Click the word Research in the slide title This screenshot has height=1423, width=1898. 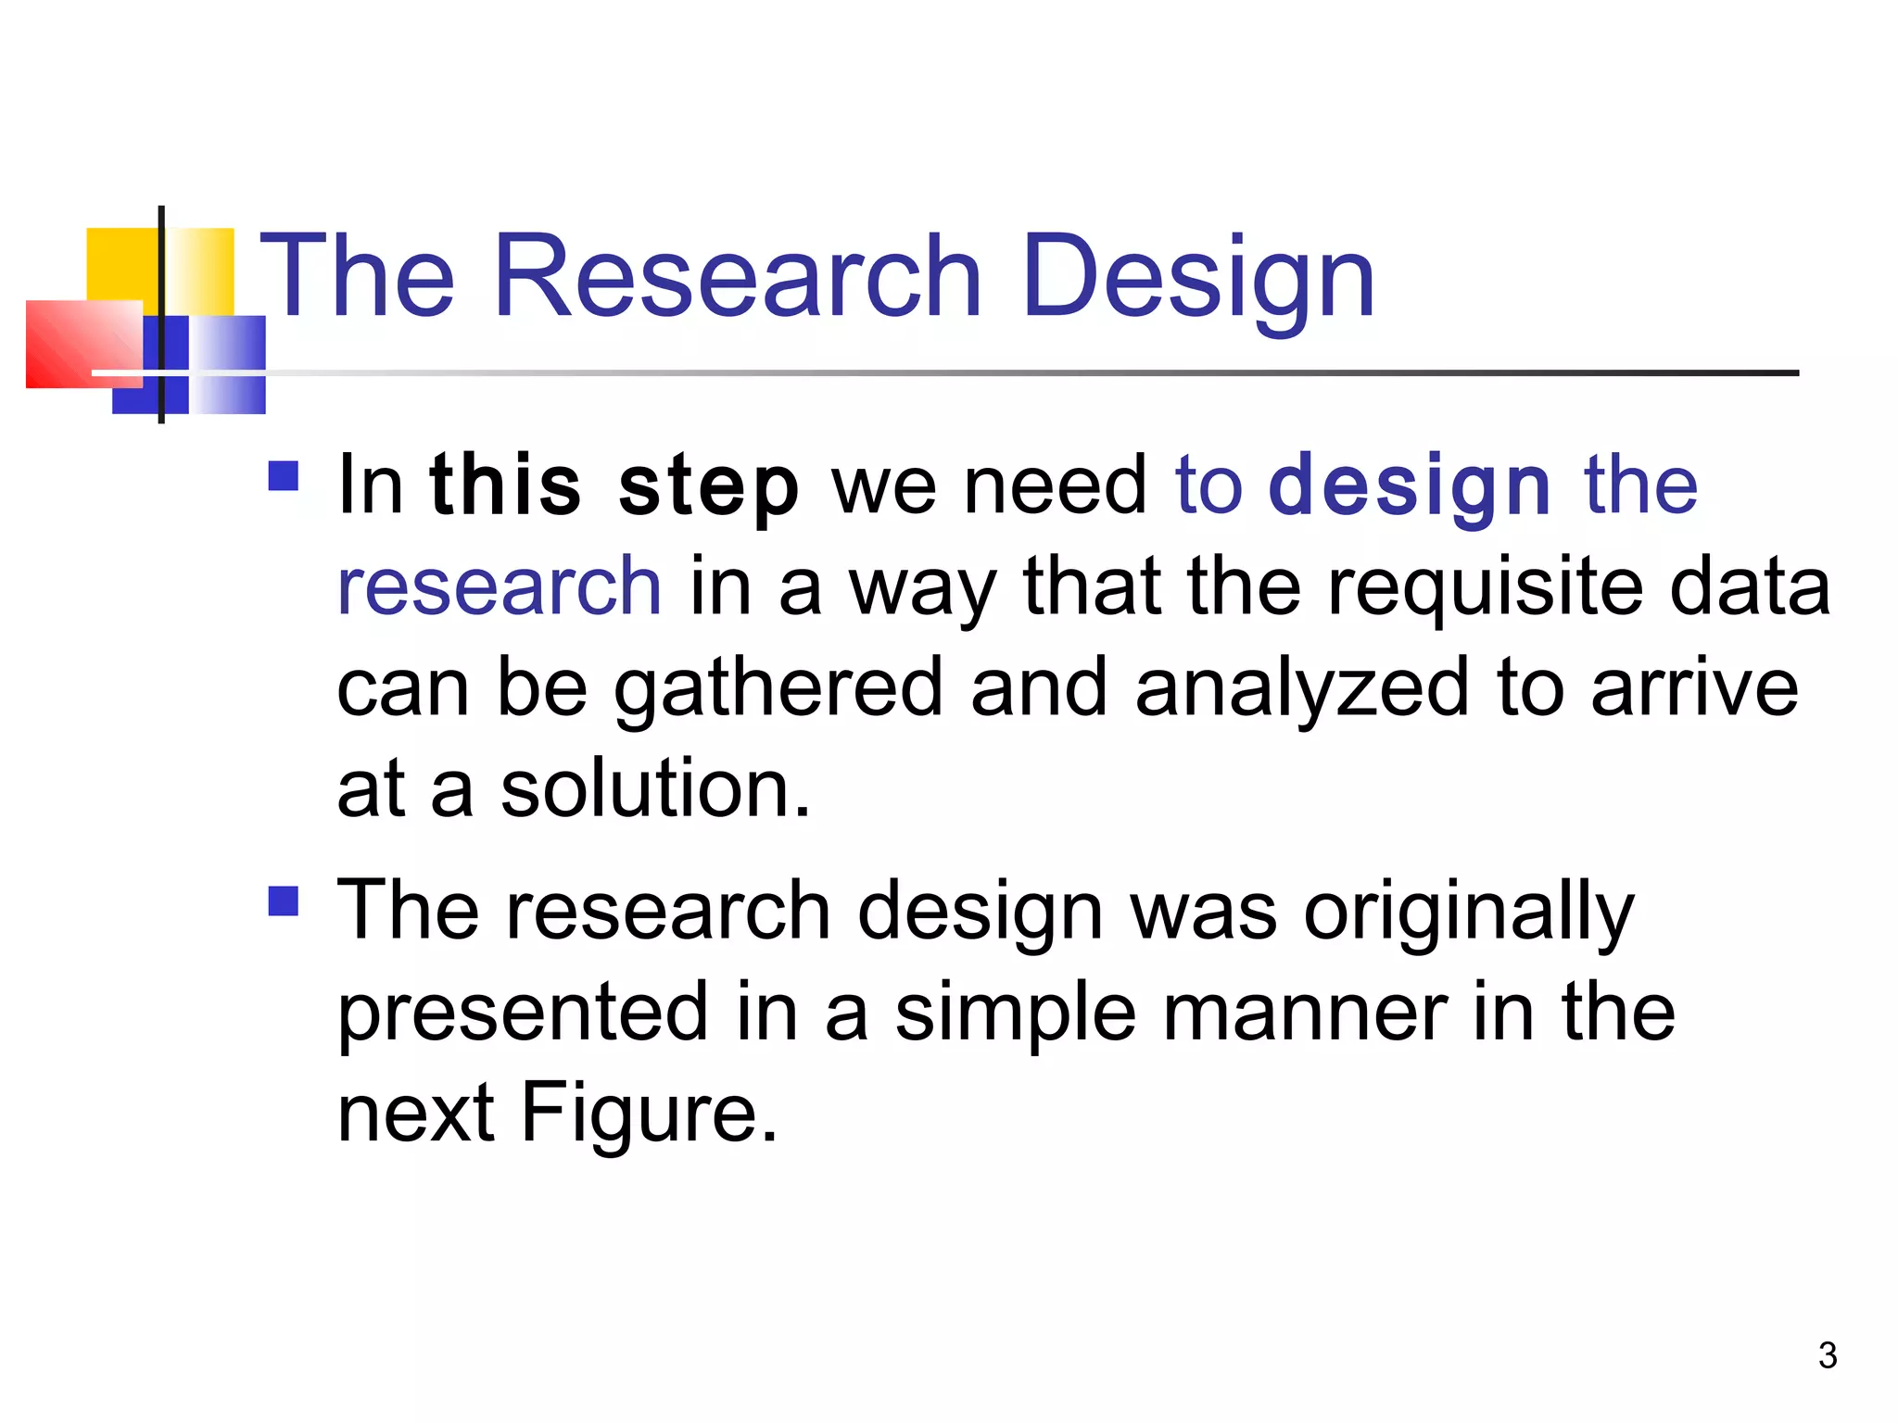pyautogui.click(x=737, y=276)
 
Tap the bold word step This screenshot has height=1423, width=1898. pyautogui.click(x=708, y=486)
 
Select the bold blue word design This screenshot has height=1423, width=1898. pyautogui.click(x=1410, y=486)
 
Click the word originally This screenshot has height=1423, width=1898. pyautogui.click(x=1469, y=913)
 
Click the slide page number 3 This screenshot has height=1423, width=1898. pyautogui.click(x=1827, y=1356)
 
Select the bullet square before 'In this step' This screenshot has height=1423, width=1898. pyautogui.click(x=284, y=476)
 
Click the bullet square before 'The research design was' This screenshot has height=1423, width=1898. pyautogui.click(x=284, y=901)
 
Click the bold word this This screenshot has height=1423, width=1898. pyautogui.click(x=506, y=486)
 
